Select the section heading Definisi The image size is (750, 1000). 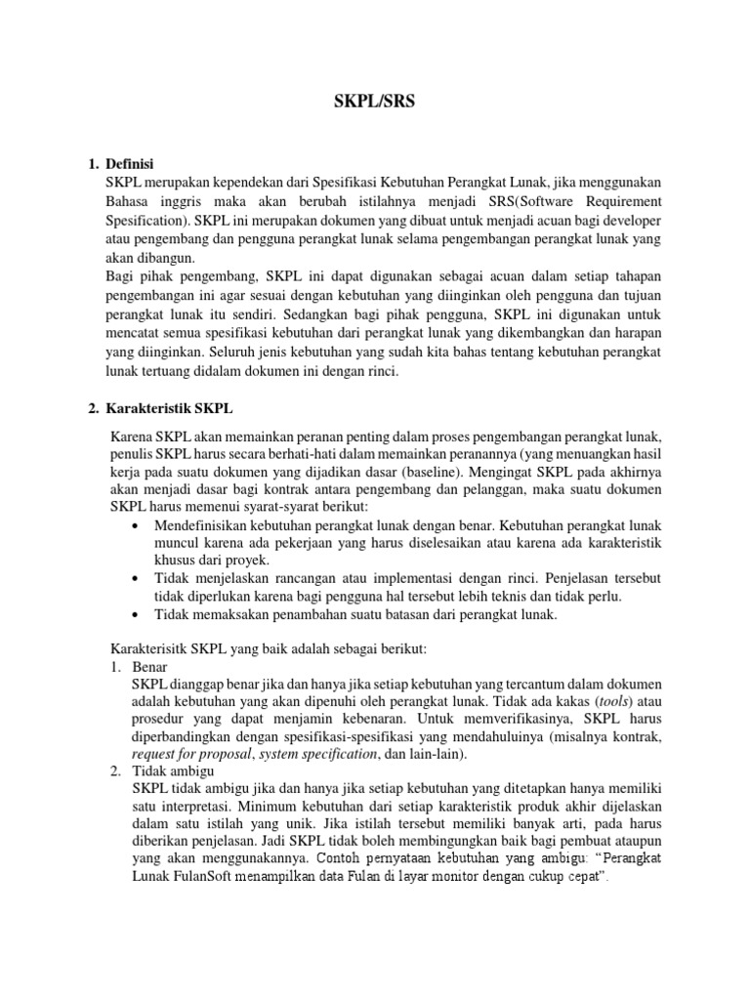pos(130,163)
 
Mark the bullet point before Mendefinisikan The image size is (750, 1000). pos(136,526)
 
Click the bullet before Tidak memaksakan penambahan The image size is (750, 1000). pos(136,613)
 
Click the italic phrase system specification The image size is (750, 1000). pos(319,754)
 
